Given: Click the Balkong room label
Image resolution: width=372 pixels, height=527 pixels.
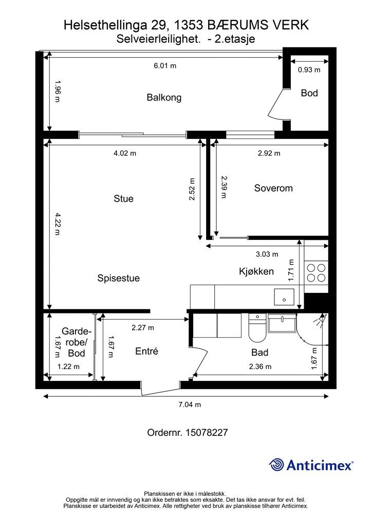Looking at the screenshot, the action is tap(164, 97).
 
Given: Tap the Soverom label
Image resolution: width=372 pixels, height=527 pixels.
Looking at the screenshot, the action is tap(273, 188).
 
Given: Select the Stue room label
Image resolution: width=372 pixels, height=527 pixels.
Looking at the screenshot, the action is tap(123, 199).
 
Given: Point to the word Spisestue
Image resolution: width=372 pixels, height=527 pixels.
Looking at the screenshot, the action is tap(118, 278).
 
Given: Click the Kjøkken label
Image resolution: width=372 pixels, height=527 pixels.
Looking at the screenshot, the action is tap(256, 271).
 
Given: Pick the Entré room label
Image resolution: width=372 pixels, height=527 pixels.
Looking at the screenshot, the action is tap(146, 351).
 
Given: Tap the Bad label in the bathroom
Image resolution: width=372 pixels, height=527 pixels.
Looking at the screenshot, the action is tap(259, 352).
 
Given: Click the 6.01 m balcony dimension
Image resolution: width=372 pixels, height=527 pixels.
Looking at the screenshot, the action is tap(165, 65).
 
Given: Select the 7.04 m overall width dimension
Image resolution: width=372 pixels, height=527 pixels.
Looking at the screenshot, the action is tap(190, 405).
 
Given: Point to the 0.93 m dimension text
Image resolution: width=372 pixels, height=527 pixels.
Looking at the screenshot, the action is tap(309, 69).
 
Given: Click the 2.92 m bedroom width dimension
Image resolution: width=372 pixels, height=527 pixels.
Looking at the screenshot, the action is tap(269, 153).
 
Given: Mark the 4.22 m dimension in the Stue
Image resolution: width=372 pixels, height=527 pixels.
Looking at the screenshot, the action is tap(58, 224).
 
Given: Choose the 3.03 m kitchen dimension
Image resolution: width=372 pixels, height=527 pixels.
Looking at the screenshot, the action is tap(267, 254).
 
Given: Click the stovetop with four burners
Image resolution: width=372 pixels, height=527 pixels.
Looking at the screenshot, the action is tap(317, 273).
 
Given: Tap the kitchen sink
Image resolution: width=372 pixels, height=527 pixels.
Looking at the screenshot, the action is tap(284, 297).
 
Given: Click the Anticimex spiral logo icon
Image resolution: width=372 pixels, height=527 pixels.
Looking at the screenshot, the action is tap(276, 465).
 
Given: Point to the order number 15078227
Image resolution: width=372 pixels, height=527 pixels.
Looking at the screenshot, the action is tap(207, 432).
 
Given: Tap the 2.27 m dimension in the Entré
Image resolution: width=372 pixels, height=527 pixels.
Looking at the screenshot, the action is tap(143, 327).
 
